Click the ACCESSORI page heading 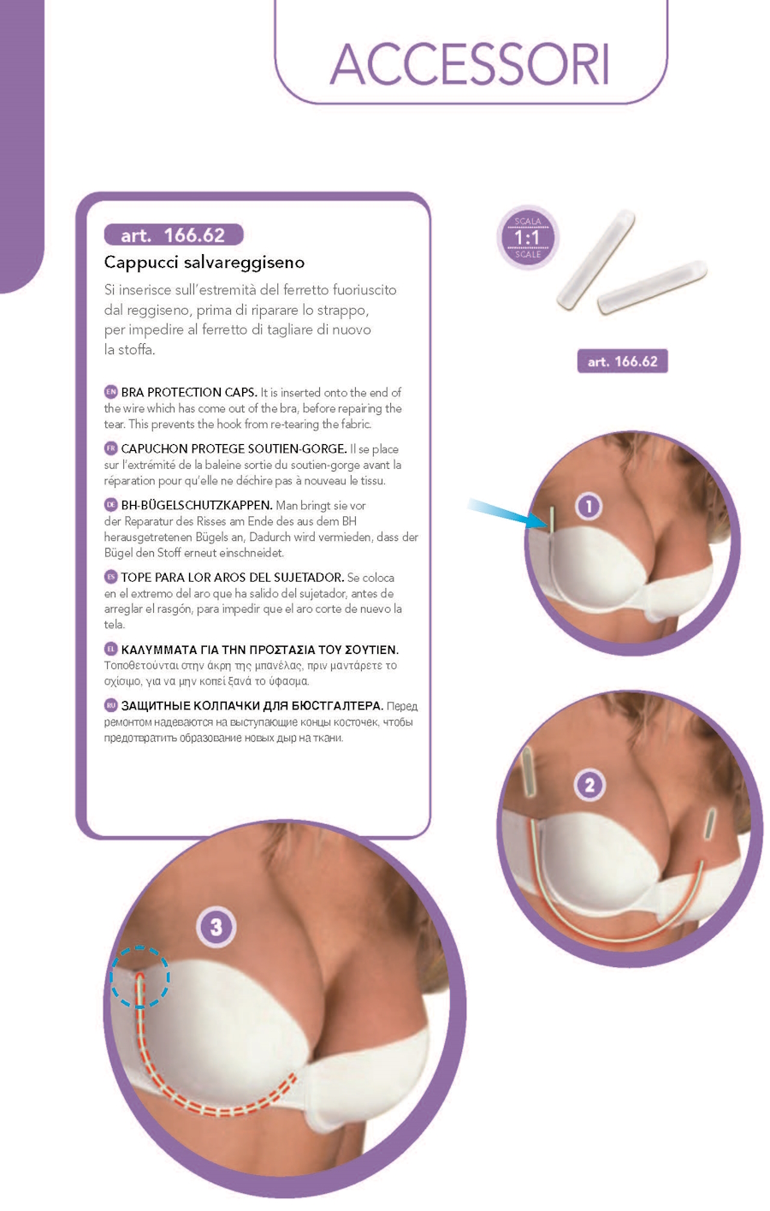pos(470,64)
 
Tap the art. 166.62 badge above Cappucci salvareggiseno pos(174,235)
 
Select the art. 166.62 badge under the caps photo pos(623,361)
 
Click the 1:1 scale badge pos(527,238)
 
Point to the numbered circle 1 pos(589,506)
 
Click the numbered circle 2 pos(589,785)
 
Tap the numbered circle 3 pos(216,927)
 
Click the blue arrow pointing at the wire pos(506,513)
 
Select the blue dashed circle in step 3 pos(140,977)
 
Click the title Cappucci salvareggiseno pos(204,263)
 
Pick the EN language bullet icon pos(110,391)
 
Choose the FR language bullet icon pos(110,448)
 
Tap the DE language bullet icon pos(110,505)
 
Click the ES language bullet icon pos(110,577)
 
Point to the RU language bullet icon pos(110,705)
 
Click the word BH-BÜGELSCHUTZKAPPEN pos(197,506)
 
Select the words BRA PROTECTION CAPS pos(189,392)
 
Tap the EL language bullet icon pos(110,649)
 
